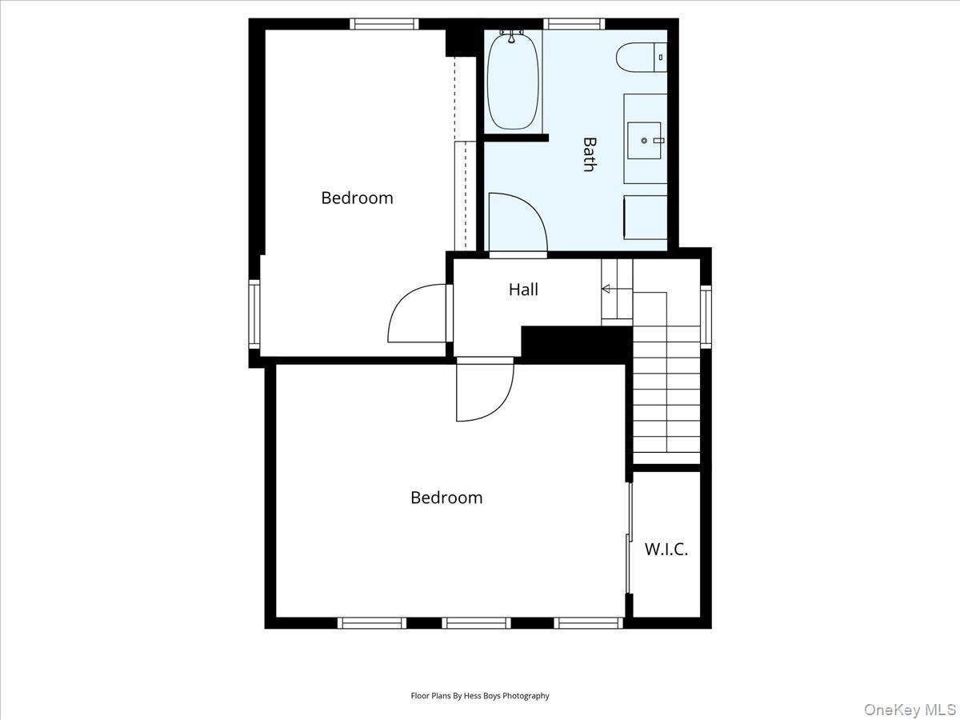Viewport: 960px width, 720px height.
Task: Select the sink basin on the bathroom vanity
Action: point(645,140)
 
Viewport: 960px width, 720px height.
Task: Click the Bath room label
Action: point(590,154)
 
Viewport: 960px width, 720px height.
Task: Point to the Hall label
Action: point(523,290)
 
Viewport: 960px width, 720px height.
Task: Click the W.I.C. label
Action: point(666,550)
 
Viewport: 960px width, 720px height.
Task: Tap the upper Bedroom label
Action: point(357,198)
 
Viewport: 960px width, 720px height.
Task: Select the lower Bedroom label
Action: point(446,498)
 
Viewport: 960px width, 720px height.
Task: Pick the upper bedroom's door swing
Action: point(416,314)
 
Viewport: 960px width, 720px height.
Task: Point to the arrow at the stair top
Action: point(606,289)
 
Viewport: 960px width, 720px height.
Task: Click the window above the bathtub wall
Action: point(574,24)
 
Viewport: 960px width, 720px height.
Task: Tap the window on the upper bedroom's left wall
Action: point(254,313)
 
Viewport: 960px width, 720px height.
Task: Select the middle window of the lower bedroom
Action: point(476,622)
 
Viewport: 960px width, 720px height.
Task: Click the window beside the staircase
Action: point(706,314)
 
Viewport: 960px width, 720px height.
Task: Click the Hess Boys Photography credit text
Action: point(480,696)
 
